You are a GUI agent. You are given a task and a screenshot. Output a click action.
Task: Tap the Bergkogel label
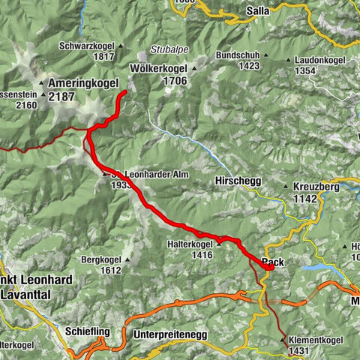[102, 259]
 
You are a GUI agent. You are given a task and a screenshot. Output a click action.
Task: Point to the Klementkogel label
[316, 340]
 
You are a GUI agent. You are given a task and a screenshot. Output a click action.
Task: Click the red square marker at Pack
[268, 265]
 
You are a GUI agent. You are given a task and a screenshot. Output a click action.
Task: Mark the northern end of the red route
[122, 92]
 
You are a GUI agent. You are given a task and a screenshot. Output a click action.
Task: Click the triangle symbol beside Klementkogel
[283, 340]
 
